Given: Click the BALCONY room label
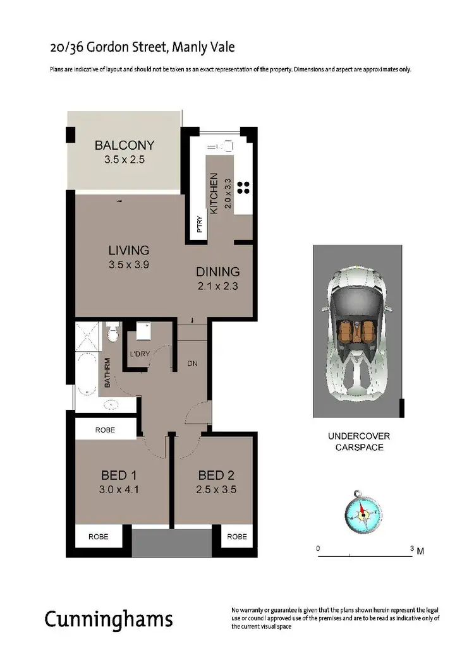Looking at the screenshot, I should (124, 145).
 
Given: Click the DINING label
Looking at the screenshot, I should (217, 272).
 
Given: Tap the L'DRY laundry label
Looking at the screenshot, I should (139, 354).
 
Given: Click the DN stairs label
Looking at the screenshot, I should (193, 363).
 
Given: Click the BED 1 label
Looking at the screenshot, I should (119, 475).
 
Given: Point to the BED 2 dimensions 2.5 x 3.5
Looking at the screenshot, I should (217, 489).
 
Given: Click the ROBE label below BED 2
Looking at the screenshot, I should (236, 537).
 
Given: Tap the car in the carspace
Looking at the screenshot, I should (357, 332).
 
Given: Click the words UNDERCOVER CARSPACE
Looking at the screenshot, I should (358, 441).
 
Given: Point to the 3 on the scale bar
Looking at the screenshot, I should (412, 549).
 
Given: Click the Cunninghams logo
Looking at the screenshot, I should (108, 619).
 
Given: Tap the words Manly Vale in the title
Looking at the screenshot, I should (202, 47).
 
